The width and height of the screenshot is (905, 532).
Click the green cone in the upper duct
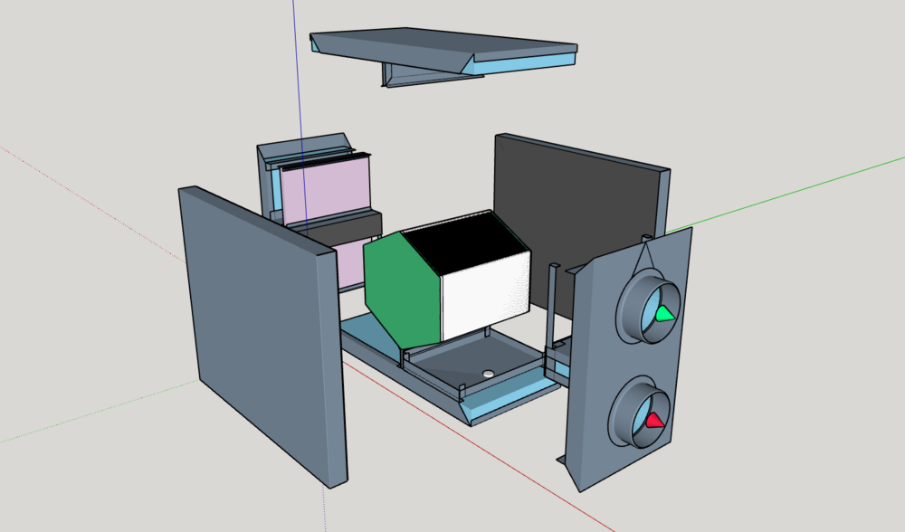pyautogui.click(x=665, y=314)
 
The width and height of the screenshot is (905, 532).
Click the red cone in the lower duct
pyautogui.click(x=654, y=420)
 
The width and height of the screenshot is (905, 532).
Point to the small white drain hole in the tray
pyautogui.click(x=489, y=372)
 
